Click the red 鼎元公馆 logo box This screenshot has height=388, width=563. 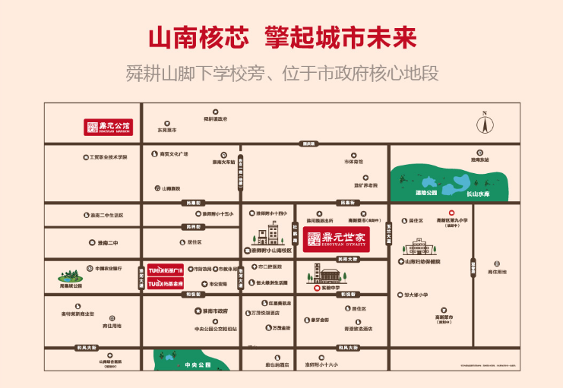[x=107, y=127]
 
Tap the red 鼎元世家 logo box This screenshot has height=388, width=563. [x=337, y=238]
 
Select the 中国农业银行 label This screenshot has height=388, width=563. [x=108, y=268]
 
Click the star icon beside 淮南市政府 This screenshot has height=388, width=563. [x=198, y=310]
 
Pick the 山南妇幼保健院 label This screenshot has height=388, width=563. [x=422, y=262]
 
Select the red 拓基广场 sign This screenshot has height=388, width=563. [x=166, y=270]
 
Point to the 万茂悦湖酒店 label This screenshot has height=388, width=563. [x=265, y=313]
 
